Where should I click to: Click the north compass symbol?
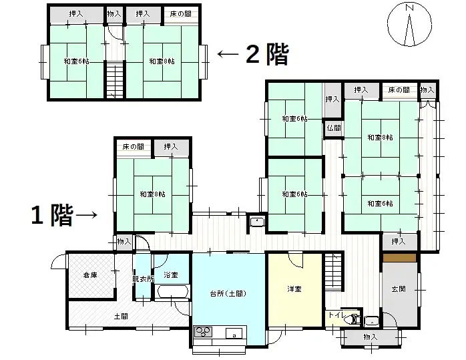point(409,24)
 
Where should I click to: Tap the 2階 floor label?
point(267,54)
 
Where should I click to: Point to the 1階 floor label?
point(51,215)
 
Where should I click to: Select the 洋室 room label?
point(294,289)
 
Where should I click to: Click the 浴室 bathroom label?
point(171,275)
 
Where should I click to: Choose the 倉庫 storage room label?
point(91,275)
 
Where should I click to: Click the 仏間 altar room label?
point(334,127)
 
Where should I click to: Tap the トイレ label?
point(335,315)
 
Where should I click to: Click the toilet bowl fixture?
point(350,319)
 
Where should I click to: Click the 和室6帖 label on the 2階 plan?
point(76,61)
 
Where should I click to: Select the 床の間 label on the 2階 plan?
point(181,13)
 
